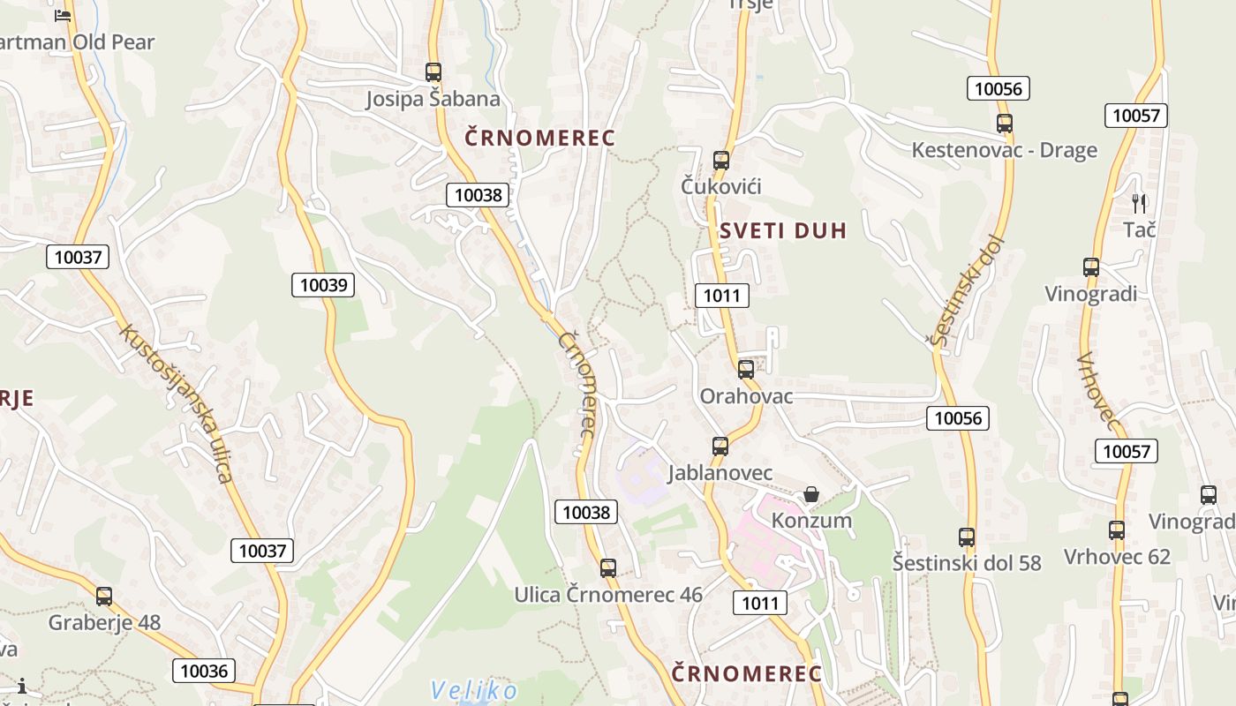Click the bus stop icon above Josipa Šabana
[433, 72]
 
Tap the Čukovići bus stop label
[720, 186]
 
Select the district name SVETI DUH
[782, 231]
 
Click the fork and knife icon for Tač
[1139, 204]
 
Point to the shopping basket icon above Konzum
[811, 494]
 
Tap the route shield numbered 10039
[323, 285]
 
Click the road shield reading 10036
[204, 671]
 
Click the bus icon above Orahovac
[746, 370]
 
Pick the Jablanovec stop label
[720, 473]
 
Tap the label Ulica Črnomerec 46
[608, 595]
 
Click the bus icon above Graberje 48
[104, 597]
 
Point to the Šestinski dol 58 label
[967, 563]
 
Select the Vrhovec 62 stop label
[1117, 557]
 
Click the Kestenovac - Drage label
[1004, 150]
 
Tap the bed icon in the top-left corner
[62, 15]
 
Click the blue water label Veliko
[473, 690]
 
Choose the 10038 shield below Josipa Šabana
[478, 195]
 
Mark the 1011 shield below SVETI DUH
[721, 296]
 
